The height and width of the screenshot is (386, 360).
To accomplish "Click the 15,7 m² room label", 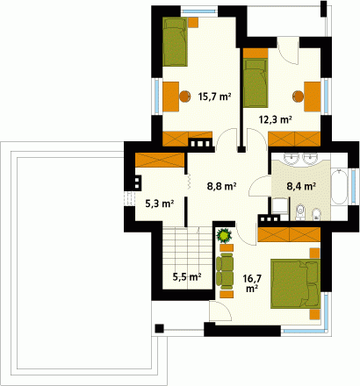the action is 215,96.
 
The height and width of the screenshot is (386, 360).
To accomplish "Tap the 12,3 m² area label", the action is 276,119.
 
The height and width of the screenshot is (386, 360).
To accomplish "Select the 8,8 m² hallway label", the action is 221,186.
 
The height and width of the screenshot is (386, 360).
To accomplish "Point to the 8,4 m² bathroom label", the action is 301,186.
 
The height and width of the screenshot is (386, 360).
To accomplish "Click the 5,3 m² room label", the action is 160,204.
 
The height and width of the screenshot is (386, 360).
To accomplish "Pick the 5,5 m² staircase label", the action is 187,276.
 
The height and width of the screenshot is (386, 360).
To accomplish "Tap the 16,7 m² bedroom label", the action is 252,282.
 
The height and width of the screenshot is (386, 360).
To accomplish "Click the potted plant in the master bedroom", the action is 224,235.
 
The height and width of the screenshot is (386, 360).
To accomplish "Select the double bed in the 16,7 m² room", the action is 295,283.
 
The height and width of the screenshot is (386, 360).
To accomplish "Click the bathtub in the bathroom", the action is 339,186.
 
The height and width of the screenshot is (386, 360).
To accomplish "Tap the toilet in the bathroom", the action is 300,212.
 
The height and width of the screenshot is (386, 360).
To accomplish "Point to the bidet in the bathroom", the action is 316,213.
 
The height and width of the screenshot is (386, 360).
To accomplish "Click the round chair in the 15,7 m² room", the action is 185,96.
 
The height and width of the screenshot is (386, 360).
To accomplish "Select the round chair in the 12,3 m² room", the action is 298,96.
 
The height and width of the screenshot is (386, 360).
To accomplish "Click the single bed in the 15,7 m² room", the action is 175,42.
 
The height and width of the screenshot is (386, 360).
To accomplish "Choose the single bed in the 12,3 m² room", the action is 256,83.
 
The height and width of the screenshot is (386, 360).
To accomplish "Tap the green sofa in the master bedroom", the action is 225,269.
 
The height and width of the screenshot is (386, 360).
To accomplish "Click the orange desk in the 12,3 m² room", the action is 313,96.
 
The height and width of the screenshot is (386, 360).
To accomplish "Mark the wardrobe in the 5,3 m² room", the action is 160,160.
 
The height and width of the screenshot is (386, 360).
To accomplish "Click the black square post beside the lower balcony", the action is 159,328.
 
